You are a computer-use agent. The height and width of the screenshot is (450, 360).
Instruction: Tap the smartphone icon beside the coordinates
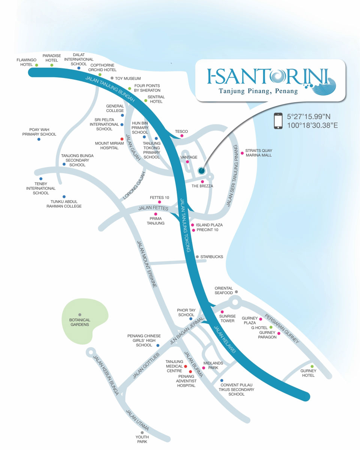[x=278, y=121]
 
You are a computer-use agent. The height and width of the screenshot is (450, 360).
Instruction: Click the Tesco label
[x=181, y=132]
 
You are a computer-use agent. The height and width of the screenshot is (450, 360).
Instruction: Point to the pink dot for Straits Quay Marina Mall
[x=242, y=153]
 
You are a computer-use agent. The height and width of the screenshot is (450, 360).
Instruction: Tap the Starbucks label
[x=211, y=257]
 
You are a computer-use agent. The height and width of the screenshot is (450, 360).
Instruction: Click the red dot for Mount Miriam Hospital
[x=122, y=139]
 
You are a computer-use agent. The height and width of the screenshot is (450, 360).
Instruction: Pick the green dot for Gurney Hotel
[x=312, y=366]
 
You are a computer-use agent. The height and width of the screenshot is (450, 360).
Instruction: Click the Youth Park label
[x=142, y=439]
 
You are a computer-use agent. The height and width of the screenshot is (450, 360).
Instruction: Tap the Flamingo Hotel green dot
[x=37, y=65]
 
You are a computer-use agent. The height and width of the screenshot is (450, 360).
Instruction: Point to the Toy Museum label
[x=128, y=78]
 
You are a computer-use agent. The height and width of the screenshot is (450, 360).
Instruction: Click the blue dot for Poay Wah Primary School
[x=39, y=139]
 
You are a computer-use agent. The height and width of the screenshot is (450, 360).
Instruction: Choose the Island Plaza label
[x=209, y=225]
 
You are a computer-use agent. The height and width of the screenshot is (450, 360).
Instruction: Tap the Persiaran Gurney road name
[x=282, y=328]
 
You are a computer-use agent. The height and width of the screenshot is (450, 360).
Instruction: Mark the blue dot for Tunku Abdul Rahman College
[x=64, y=196]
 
